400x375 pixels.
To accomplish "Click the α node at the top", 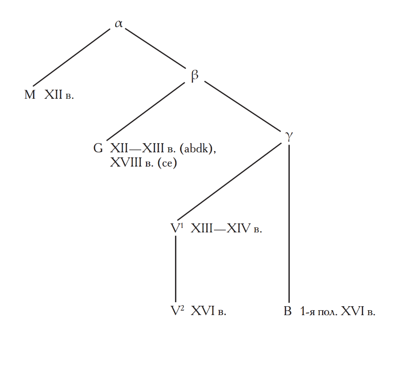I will click(119, 23).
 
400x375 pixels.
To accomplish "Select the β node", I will click(195, 75).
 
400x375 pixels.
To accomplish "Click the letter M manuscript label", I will click(30, 95).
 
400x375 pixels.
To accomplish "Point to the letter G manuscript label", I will click(98, 149).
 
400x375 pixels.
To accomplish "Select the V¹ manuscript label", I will click(178, 229).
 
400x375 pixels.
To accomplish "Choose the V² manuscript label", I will click(178, 311).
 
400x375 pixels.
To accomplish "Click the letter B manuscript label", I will click(287, 312).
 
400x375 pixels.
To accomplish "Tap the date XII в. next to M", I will click(59, 95).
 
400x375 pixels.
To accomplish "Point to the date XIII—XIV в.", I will click(226, 229).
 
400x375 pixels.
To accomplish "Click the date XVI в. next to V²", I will click(208, 312).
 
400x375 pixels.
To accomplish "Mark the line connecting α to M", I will click(71, 57).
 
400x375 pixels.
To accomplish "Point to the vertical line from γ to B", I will click(289, 224).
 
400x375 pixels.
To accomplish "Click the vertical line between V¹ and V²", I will click(176, 269).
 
